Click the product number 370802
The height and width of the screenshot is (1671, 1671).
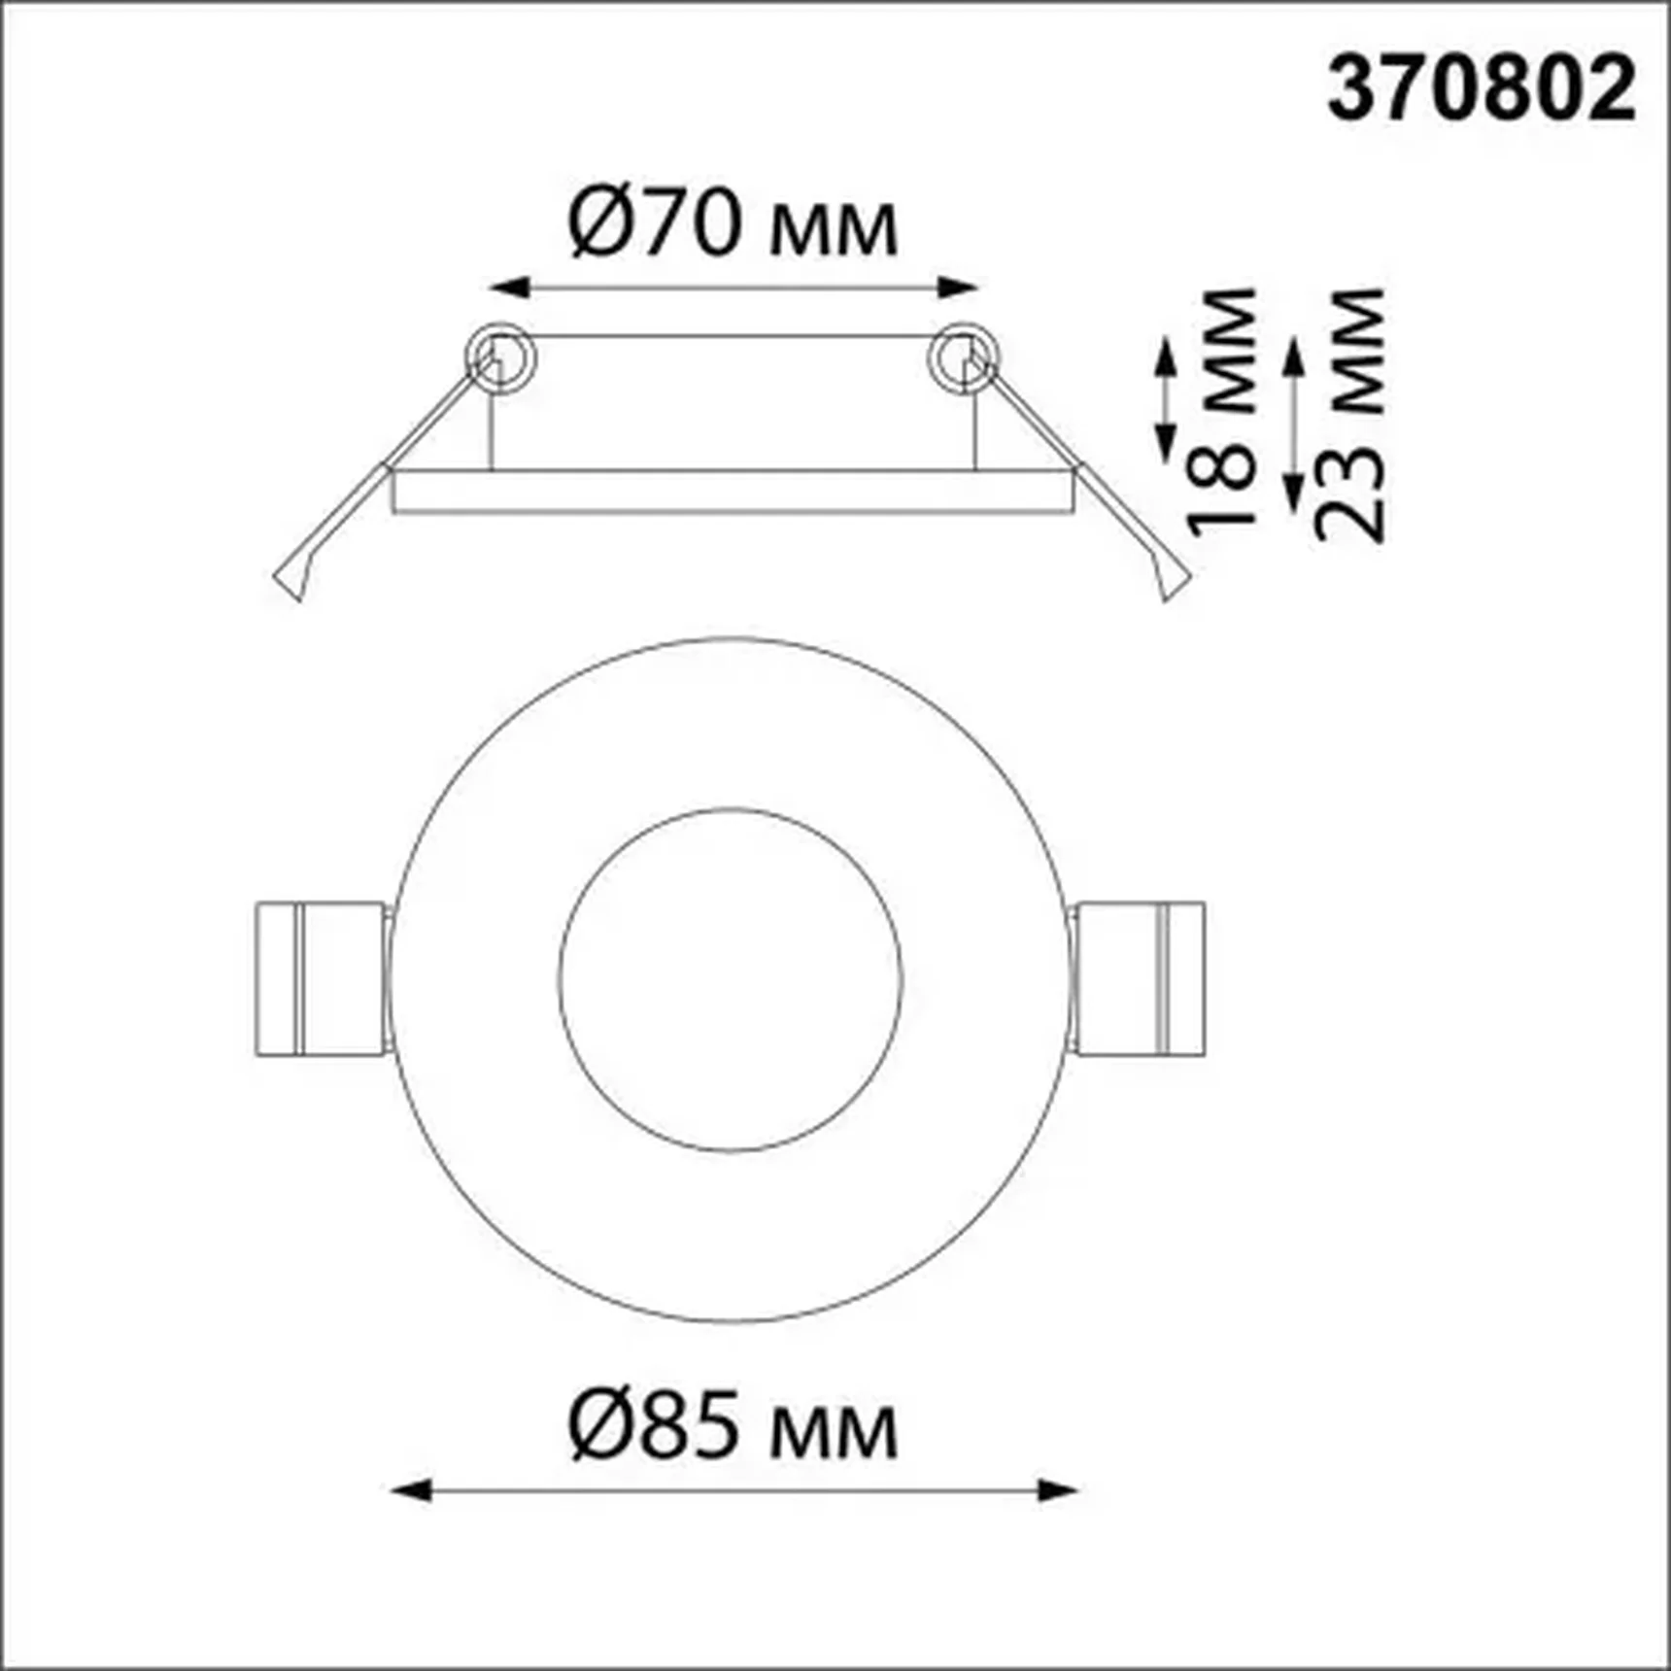(1481, 89)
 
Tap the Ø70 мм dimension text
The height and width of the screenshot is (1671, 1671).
(733, 225)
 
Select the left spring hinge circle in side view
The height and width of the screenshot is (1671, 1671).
(500, 356)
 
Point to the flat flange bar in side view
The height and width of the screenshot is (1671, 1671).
(733, 491)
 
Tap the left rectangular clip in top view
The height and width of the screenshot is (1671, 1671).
(321, 978)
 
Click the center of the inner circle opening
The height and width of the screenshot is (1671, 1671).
(731, 979)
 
